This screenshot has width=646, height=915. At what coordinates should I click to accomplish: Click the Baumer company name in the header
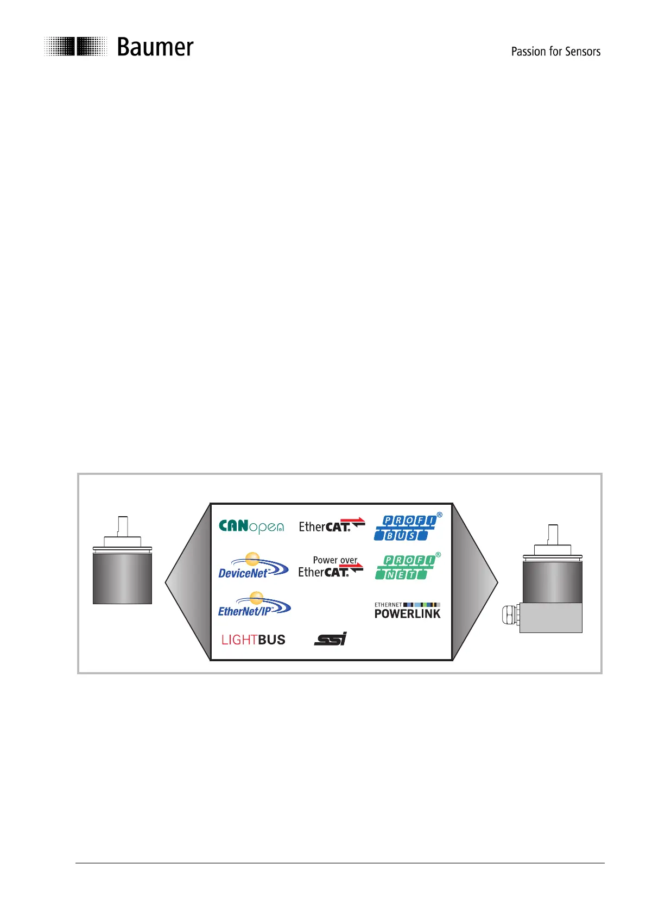point(155,48)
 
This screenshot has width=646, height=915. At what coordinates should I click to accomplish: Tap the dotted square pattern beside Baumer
point(75,46)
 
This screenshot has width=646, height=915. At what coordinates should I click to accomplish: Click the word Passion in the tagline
point(528,52)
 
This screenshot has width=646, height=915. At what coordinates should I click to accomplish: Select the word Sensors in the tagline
point(582,52)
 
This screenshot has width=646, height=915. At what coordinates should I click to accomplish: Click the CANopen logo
point(251,527)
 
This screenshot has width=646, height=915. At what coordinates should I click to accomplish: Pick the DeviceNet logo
point(253,566)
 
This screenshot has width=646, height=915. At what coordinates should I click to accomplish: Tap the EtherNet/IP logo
point(254,605)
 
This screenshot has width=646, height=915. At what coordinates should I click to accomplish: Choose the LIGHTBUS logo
point(253,640)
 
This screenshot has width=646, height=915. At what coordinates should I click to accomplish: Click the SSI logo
point(330,639)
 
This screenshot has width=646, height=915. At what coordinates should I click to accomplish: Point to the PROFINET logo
point(406,567)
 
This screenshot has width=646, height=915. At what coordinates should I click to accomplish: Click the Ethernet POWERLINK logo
point(407,611)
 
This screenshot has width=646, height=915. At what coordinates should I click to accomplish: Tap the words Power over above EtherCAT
point(335,560)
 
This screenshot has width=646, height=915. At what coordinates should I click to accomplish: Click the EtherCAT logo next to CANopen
point(331,526)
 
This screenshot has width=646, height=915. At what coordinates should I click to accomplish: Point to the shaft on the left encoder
point(123,525)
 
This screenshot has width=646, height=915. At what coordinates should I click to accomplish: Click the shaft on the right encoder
point(553,534)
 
